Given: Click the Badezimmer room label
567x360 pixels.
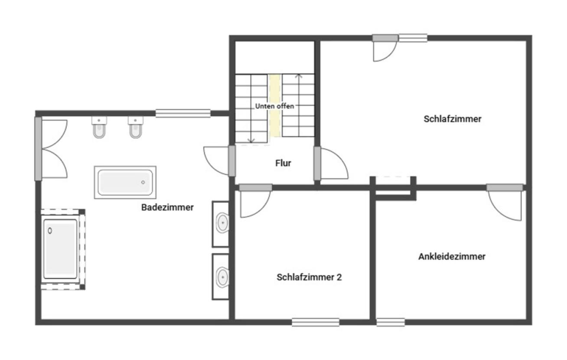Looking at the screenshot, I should (x=167, y=207).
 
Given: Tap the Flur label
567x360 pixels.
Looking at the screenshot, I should (x=283, y=164).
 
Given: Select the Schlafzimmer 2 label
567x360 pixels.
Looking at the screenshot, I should (x=309, y=277).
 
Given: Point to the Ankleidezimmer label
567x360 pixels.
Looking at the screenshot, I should (x=452, y=256).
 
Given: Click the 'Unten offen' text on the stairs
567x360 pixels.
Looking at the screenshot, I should (x=274, y=106).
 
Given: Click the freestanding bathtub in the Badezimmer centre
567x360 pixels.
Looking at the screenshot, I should (x=125, y=182).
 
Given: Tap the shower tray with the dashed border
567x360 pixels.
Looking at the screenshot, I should (x=61, y=249).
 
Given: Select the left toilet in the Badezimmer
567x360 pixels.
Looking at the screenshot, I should (x=99, y=128).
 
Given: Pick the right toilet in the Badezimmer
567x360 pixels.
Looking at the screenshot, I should (x=136, y=128).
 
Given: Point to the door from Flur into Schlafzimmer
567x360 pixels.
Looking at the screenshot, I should (x=332, y=164).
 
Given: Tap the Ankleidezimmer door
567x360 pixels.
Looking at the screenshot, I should (x=505, y=202).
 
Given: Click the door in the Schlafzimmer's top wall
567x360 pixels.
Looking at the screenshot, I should (x=385, y=48).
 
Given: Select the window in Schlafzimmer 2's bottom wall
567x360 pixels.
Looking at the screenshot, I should (x=315, y=322).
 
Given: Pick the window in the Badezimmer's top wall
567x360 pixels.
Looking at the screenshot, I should (x=183, y=114).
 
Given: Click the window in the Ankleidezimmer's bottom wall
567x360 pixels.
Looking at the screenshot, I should (x=390, y=322).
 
